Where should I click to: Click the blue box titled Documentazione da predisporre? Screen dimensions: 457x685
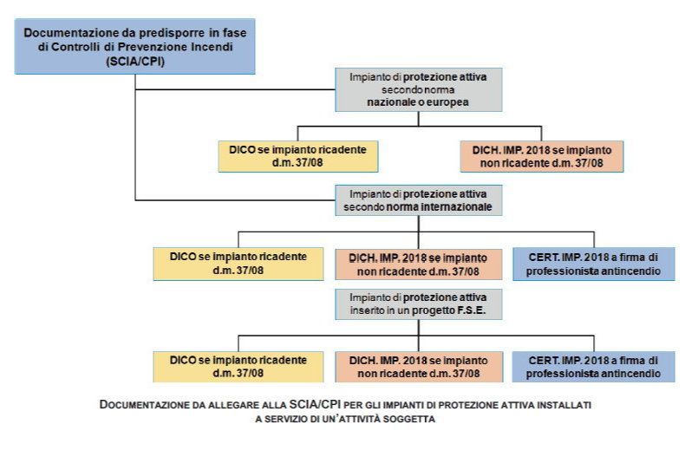(x=134, y=46)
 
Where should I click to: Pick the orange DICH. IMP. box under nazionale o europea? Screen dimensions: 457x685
(x=542, y=155)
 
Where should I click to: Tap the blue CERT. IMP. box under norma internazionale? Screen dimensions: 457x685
(x=594, y=263)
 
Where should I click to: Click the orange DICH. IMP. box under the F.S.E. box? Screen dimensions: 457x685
(x=418, y=365)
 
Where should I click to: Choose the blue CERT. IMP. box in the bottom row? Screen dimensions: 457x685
(x=594, y=365)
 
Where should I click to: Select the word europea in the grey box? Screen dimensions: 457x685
(x=447, y=101)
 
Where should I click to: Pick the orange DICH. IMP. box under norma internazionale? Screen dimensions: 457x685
(x=418, y=263)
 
